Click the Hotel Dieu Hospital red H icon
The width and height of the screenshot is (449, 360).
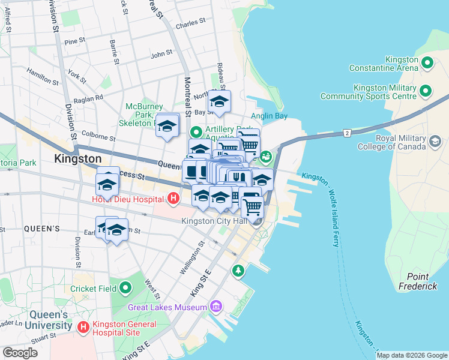click(x=173, y=197)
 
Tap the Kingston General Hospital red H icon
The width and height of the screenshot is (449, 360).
click(x=84, y=327)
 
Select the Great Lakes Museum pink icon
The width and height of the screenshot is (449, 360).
click(x=216, y=307)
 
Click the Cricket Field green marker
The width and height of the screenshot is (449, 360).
click(x=125, y=289)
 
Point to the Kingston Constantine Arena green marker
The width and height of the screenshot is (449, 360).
click(x=427, y=62)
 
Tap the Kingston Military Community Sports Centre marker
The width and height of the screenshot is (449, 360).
click(x=426, y=91)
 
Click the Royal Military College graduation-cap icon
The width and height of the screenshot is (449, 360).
click(x=435, y=142)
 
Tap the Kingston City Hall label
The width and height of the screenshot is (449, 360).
click(x=215, y=221)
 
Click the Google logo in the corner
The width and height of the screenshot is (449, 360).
click(x=20, y=352)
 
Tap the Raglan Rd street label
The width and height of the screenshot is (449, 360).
click(x=88, y=97)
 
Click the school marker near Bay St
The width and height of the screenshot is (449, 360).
click(x=220, y=101)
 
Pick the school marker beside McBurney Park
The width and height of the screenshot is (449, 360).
click(x=167, y=125)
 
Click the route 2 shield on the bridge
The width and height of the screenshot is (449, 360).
click(x=346, y=131)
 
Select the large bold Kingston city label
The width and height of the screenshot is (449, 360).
click(x=77, y=158)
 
